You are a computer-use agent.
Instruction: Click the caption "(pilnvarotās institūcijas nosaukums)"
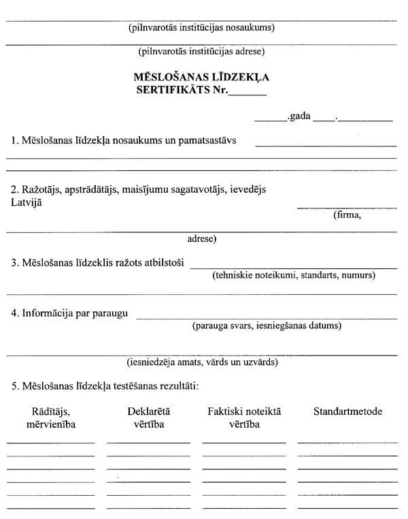[x=201, y=29]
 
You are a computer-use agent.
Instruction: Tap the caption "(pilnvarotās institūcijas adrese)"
[x=201, y=51]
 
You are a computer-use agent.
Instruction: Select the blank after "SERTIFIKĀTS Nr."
[x=248, y=92]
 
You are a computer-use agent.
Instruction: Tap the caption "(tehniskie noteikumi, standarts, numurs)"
[x=292, y=275]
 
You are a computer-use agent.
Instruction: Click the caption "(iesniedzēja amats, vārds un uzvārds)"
[x=202, y=362]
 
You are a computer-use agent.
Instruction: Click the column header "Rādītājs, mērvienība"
[x=50, y=418]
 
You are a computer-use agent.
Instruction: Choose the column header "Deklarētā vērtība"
[x=148, y=418]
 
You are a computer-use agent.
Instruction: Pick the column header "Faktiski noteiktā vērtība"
[x=243, y=418]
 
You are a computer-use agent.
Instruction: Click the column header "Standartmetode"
[x=347, y=412]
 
